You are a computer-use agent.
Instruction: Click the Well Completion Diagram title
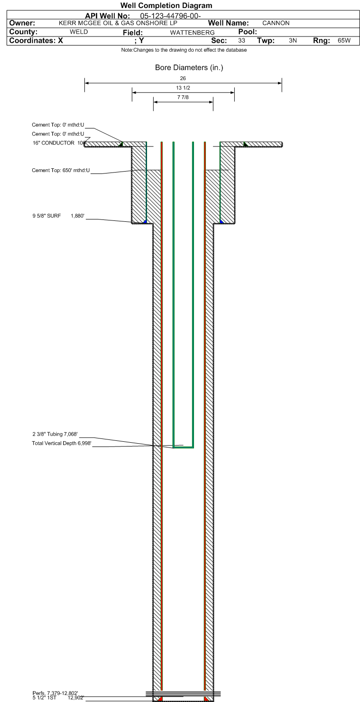[166, 5]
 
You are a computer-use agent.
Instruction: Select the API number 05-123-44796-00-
[170, 16]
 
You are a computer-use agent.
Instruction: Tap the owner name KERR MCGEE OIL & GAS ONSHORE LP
[118, 23]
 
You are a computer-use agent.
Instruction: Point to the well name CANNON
[276, 23]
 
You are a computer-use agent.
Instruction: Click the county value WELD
[79, 32]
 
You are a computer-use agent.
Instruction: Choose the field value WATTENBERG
[192, 33]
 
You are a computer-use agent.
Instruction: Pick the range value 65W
[344, 40]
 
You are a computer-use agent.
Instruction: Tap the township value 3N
[293, 40]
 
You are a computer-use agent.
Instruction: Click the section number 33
[241, 40]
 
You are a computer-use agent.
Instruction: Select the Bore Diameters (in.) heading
[189, 67]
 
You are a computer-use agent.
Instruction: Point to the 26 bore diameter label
[183, 78]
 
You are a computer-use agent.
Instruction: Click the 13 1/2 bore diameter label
[183, 88]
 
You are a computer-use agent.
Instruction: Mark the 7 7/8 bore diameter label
[183, 97]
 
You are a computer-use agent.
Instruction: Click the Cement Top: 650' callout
[61, 171]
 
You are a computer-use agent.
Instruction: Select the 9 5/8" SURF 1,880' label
[58, 216]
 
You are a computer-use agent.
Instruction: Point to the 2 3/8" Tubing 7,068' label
[55, 434]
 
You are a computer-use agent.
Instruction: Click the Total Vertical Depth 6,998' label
[62, 443]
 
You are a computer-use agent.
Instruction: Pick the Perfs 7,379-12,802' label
[55, 693]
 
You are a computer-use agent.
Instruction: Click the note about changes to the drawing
[184, 50]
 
